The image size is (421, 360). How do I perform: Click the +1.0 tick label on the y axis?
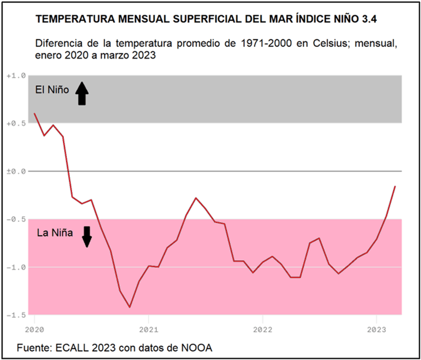pos(16,76)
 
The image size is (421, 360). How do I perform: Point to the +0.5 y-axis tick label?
pos(16,123)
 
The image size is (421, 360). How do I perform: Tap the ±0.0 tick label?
pos(16,171)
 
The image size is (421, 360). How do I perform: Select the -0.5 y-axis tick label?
pos(16,219)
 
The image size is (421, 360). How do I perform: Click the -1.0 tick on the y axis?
pos(16,267)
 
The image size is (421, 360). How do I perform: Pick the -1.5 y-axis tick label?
pos(16,315)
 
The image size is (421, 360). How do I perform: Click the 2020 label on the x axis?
pos(34,327)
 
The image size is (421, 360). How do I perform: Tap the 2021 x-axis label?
pos(148,327)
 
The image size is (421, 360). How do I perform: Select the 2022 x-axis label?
pos(262,327)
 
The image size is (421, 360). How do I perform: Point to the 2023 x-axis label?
pos(376,327)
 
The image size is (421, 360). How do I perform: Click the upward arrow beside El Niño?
pos(82,93)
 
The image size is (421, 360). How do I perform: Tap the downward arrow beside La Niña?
pos(87,236)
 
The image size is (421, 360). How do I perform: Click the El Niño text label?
pos(52,90)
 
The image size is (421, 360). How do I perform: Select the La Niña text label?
pos(55,233)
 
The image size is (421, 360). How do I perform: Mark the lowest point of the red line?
pos(130,307)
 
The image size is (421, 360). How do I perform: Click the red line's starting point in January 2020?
pos(35,113)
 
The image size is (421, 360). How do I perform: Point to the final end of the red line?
pos(395,186)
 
